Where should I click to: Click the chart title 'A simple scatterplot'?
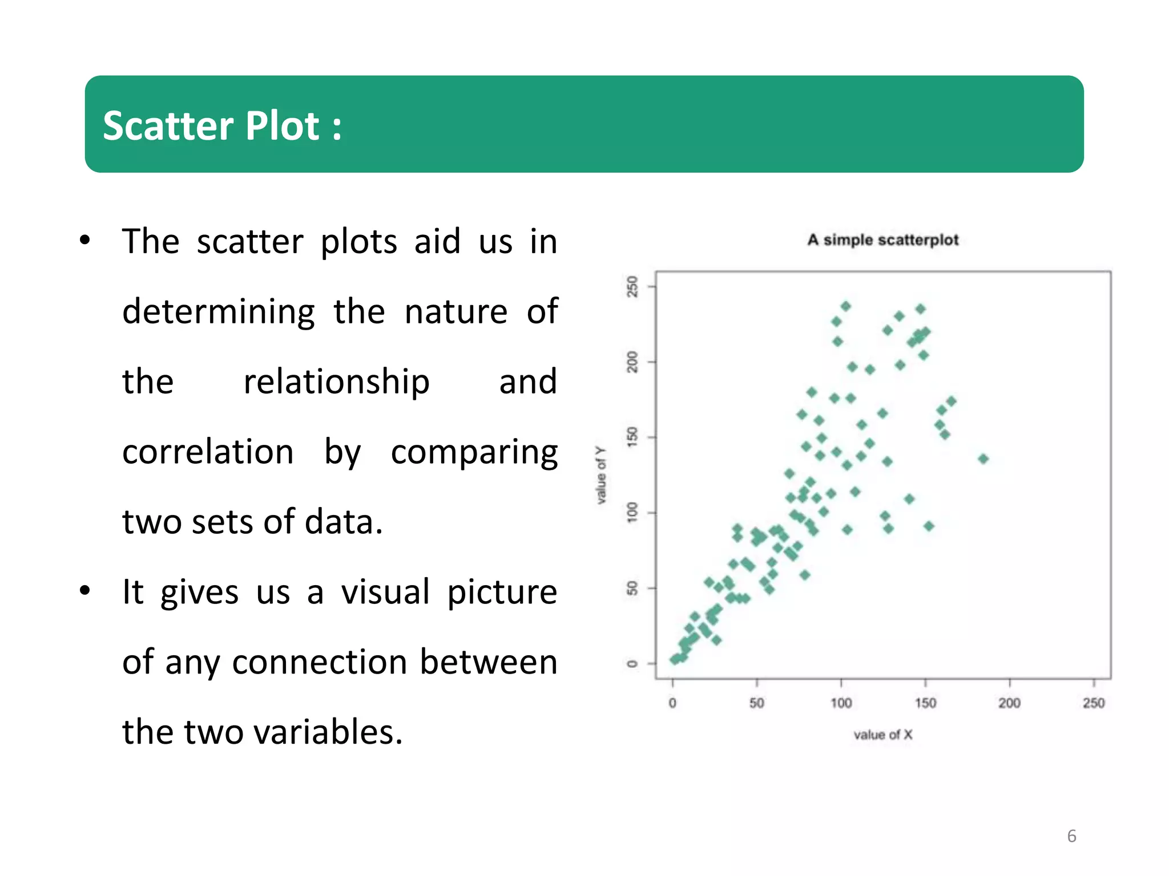coord(882,240)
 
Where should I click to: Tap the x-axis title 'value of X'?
coord(882,735)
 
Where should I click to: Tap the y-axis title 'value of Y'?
coord(601,475)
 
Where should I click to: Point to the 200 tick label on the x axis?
coord(1009,703)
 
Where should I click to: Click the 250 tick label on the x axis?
coord(1094,703)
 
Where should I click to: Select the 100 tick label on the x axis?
coord(841,703)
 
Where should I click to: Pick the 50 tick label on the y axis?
coord(632,588)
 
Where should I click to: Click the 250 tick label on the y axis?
coord(632,286)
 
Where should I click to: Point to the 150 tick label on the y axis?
coord(632,437)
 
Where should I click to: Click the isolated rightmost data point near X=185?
coord(983,459)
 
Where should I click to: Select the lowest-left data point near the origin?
coord(675,660)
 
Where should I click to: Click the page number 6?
coord(1071,836)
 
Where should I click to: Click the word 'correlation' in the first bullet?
coord(208,452)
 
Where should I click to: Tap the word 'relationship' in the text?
coord(336,382)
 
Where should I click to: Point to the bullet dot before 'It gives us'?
coord(85,591)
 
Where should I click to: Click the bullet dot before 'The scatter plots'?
coord(85,241)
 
